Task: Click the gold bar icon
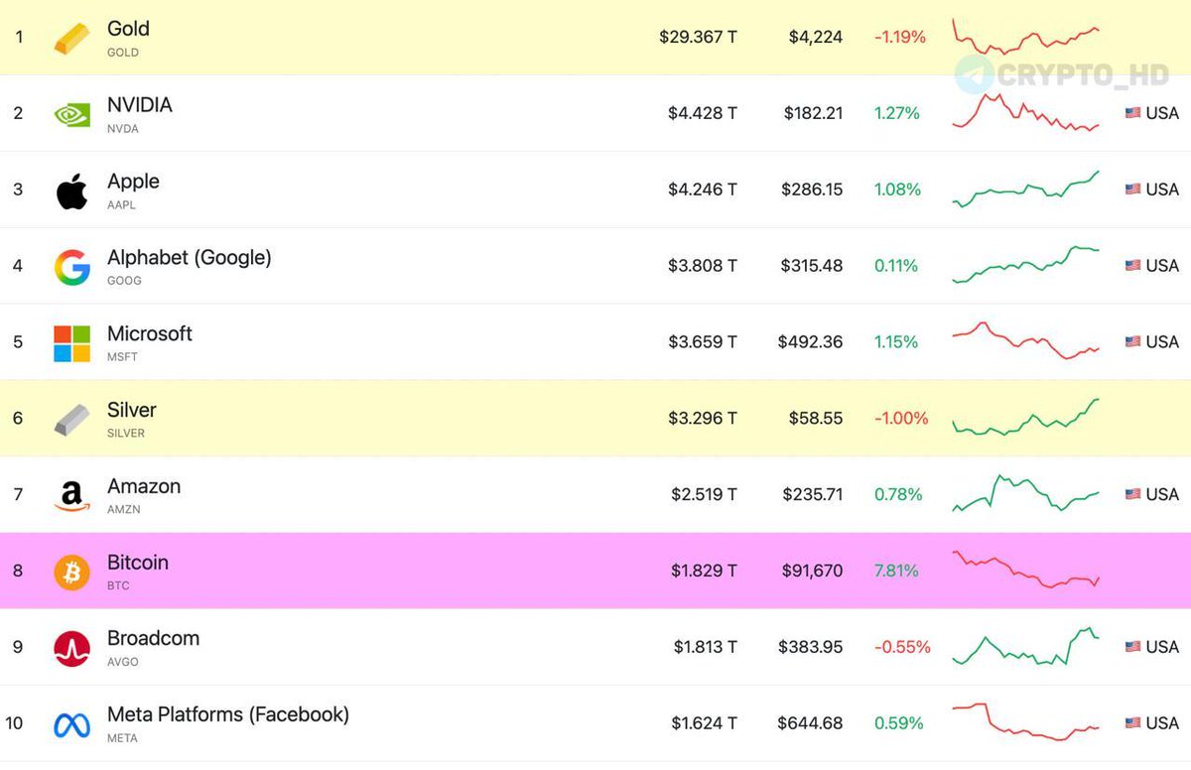coord(71,38)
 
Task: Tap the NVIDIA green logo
coord(71,114)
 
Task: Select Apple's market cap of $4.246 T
coord(702,190)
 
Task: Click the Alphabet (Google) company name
coord(189,258)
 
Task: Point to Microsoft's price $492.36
coord(810,342)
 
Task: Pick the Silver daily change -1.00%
coord(900,419)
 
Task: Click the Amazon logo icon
coord(71,495)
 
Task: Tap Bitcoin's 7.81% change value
coord(895,571)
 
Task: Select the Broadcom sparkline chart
coord(1025,647)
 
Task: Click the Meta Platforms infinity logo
coord(71,724)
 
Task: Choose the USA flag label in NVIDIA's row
coord(1151,113)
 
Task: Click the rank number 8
coord(18,571)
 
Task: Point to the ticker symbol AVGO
coord(123,662)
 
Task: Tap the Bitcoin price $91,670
coord(812,571)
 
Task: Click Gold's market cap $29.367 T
coord(698,38)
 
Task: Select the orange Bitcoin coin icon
coord(71,572)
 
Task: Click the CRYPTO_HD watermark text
coord(1082,75)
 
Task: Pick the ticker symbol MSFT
coord(122,357)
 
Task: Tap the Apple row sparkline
coord(1025,189)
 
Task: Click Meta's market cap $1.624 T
coord(704,723)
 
